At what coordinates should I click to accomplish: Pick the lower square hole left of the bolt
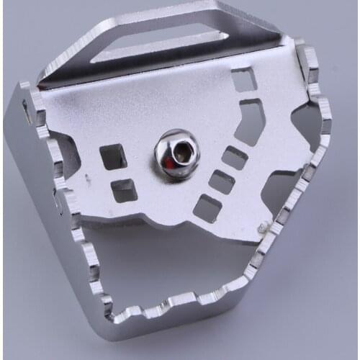click(125, 189)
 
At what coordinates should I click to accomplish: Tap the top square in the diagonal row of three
click(235, 157)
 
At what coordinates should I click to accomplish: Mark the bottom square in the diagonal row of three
click(207, 207)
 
